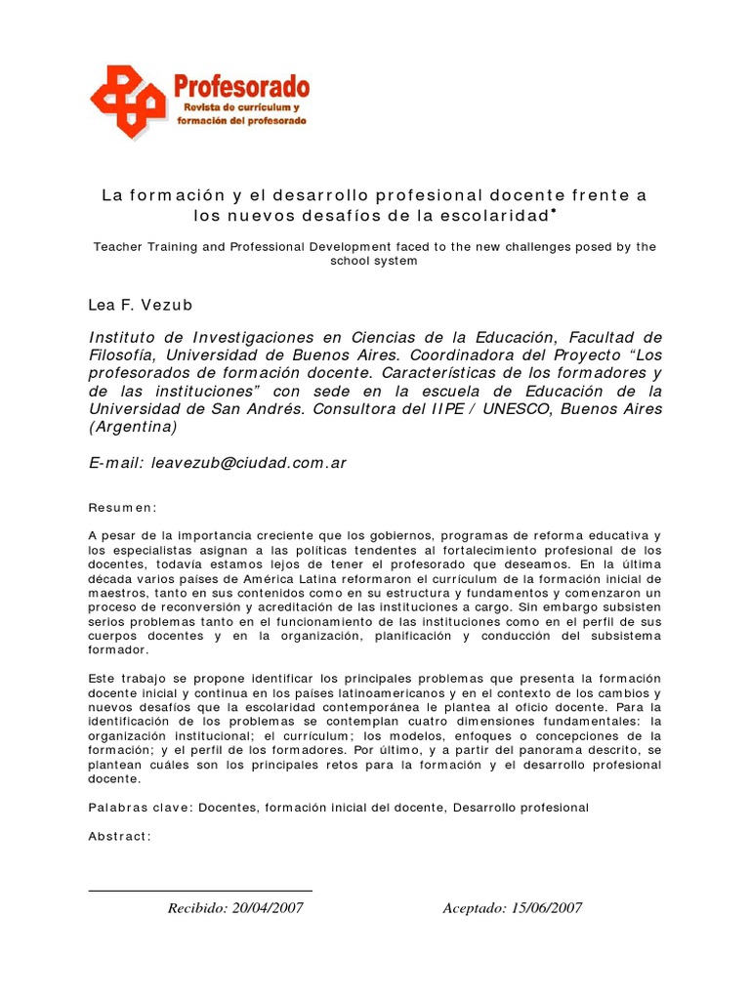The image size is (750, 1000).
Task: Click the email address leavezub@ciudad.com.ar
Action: (x=249, y=464)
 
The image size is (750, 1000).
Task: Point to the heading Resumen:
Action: (x=122, y=509)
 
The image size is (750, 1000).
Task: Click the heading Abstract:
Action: (x=120, y=836)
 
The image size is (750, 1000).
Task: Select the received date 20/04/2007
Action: (x=267, y=908)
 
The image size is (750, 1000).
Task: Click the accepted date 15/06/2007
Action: (x=546, y=908)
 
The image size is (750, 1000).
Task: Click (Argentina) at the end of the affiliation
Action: (x=133, y=427)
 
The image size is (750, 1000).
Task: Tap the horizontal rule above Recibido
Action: (x=200, y=891)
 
